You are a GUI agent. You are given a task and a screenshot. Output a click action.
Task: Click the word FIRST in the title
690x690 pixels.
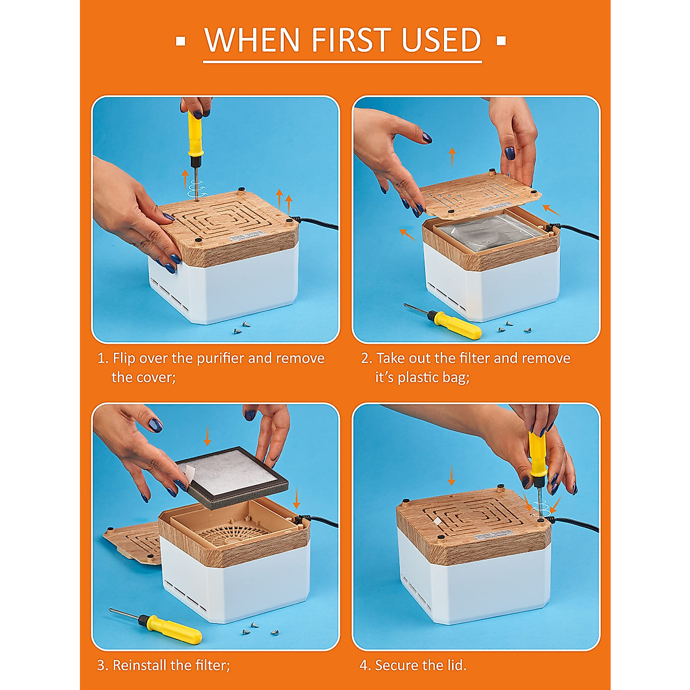click(351, 40)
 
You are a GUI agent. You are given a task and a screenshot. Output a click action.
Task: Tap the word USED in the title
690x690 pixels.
click(441, 40)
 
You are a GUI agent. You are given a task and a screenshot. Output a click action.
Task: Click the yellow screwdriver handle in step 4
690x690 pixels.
click(538, 453)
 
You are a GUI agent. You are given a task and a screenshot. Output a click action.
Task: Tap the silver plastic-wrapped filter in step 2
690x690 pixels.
click(490, 233)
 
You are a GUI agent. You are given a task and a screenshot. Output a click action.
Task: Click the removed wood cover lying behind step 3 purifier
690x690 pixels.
click(132, 542)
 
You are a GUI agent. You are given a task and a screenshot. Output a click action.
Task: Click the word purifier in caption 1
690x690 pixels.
click(220, 358)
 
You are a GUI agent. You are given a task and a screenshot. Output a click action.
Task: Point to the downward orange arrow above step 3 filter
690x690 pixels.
click(207, 435)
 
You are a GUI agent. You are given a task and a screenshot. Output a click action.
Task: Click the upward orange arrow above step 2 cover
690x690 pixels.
click(453, 157)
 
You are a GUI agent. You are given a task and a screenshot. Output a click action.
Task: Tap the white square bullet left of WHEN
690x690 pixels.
click(181, 41)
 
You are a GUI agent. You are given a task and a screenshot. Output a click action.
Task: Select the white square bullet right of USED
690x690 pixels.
click(501, 41)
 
